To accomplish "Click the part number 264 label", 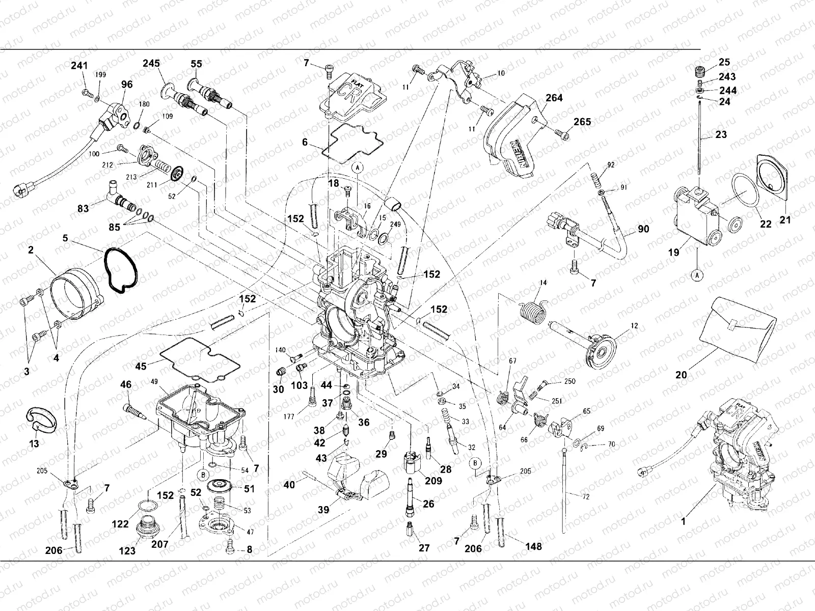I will click(x=554, y=98).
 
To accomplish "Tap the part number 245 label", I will click(x=151, y=64).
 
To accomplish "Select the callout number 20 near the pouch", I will click(x=681, y=375).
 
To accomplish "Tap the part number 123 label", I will click(x=127, y=550).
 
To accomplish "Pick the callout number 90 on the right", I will click(x=644, y=229).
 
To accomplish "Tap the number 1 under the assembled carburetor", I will click(x=684, y=521).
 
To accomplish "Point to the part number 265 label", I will click(x=583, y=122).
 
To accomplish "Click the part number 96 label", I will click(x=127, y=85).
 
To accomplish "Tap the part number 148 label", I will click(x=534, y=547).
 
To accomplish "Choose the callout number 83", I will click(x=83, y=208).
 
